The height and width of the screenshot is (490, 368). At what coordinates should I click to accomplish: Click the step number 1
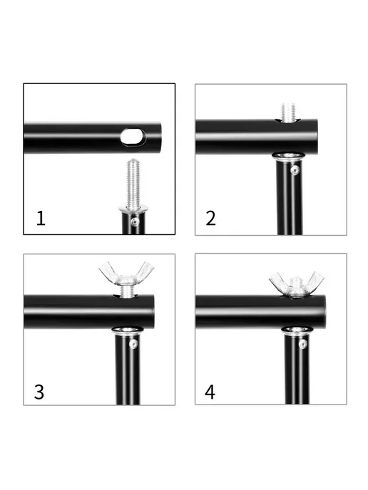tap(41, 218)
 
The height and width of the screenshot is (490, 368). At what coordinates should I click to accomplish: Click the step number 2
tap(210, 218)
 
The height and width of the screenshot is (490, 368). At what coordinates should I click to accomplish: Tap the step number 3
tap(39, 392)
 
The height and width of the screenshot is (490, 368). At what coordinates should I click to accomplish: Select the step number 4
tap(210, 392)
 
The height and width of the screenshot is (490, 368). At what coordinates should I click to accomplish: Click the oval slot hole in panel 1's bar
tap(133, 137)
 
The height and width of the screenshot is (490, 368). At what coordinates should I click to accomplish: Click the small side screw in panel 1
tap(135, 221)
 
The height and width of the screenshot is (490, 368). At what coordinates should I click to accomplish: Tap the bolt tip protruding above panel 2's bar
tap(288, 112)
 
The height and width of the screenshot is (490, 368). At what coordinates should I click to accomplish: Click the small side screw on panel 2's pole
tap(295, 170)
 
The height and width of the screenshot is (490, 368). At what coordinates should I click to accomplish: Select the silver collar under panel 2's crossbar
tap(288, 156)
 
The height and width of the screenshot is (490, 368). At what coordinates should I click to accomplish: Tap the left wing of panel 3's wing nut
tap(108, 271)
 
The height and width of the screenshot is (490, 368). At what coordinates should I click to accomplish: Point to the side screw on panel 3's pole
tap(133, 344)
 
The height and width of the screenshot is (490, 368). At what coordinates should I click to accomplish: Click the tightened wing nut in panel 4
tap(297, 284)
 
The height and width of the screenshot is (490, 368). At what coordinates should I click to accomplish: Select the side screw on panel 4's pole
tap(302, 344)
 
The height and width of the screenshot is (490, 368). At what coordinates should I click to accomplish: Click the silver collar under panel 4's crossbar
tap(297, 330)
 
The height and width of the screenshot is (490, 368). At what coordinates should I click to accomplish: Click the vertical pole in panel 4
tap(297, 369)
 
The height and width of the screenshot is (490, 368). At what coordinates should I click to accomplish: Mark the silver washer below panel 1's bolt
tap(133, 208)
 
